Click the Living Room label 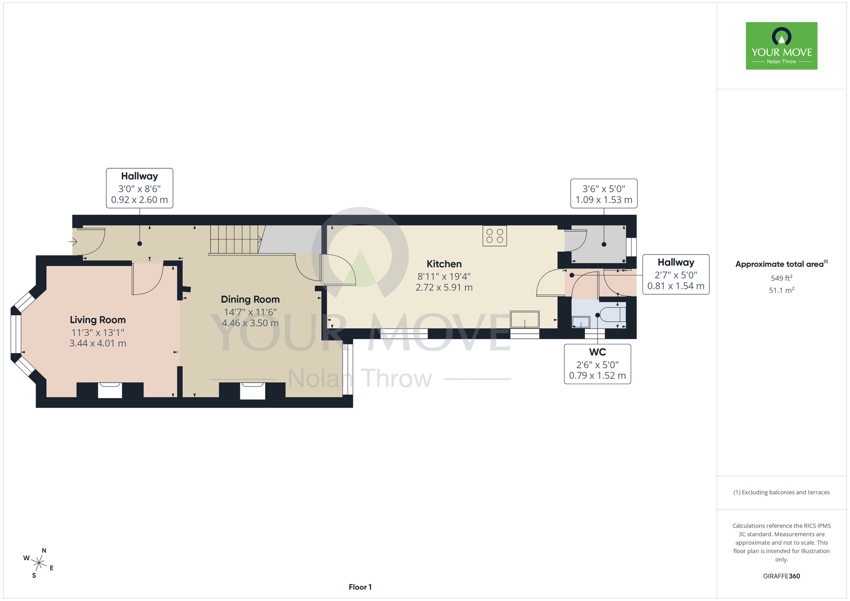click(98, 320)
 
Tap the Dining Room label click(250, 299)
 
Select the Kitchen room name click(444, 264)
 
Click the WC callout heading click(598, 352)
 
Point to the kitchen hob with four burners click(495, 236)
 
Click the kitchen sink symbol click(525, 320)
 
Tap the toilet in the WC click(612, 315)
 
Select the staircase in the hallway click(235, 240)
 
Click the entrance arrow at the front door click(73, 242)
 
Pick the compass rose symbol click(39, 564)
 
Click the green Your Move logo click(782, 46)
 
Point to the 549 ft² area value click(782, 278)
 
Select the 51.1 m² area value click(782, 290)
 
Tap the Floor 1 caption click(360, 587)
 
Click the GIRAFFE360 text click(782, 576)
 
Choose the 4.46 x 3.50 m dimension click(250, 323)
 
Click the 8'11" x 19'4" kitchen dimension click(444, 277)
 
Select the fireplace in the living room click(110, 390)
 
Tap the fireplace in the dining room click(252, 391)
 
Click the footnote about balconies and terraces click(782, 492)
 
